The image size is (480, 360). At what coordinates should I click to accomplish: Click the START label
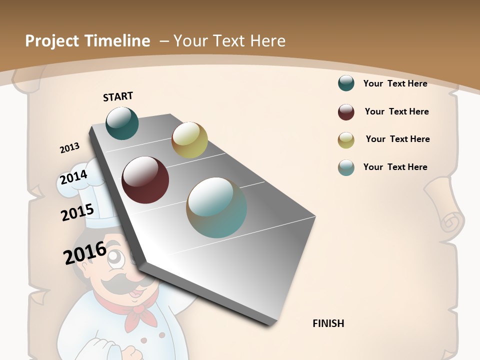pyautogui.click(x=118, y=96)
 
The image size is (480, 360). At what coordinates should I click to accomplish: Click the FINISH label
pyautogui.click(x=328, y=323)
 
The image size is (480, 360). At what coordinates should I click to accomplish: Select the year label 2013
pyautogui.click(x=69, y=148)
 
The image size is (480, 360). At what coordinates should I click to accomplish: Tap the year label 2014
pyautogui.click(x=73, y=177)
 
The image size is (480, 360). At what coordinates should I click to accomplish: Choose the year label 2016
pyautogui.click(x=85, y=253)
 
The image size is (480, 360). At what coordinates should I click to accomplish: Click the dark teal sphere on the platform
pyautogui.click(x=122, y=123)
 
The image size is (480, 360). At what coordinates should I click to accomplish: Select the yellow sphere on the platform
pyautogui.click(x=189, y=139)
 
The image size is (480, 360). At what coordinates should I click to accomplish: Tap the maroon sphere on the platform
pyautogui.click(x=145, y=180)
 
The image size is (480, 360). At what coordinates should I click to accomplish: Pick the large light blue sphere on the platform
pyautogui.click(x=216, y=207)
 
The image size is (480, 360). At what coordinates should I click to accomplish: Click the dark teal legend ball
pyautogui.click(x=346, y=83)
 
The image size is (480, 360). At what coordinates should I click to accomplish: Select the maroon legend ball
pyautogui.click(x=346, y=112)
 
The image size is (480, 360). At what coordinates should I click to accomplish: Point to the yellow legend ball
pyautogui.click(x=346, y=140)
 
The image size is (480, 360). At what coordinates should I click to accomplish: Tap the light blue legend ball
pyautogui.click(x=346, y=167)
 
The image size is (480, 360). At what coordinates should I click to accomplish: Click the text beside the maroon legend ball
pyautogui.click(x=396, y=111)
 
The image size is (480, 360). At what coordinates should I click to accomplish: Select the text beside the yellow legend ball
pyautogui.click(x=397, y=139)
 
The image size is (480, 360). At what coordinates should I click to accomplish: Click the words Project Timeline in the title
pyautogui.click(x=87, y=41)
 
